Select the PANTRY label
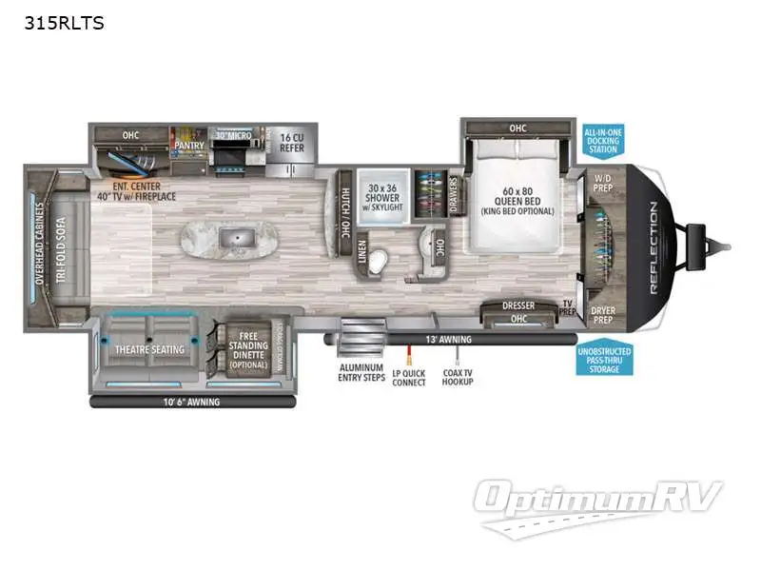coord(189,146)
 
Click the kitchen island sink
coord(231,234)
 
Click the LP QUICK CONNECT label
coord(409,377)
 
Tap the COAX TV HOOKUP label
coord(458,377)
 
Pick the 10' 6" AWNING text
coord(190,402)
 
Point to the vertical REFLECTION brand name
coord(654,249)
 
